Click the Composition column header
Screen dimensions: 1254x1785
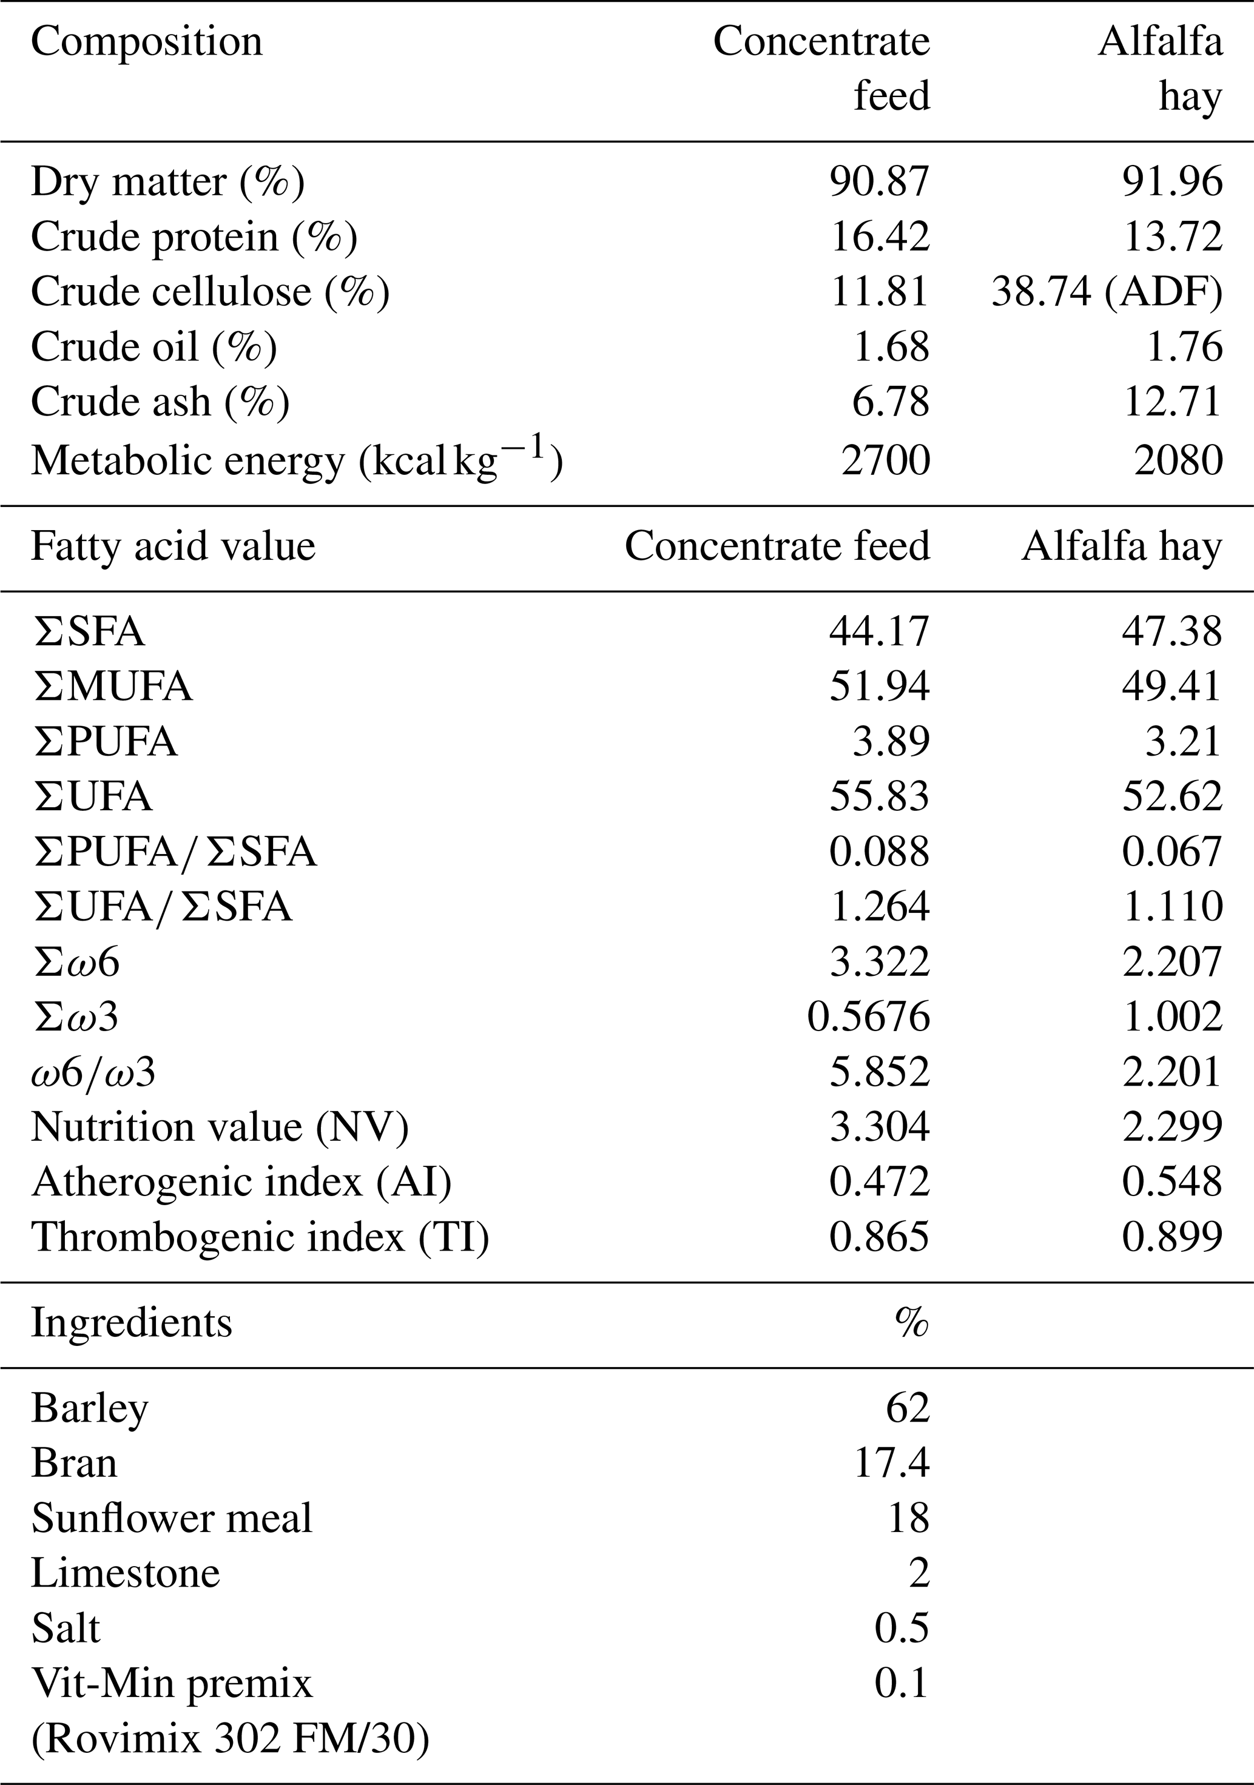pyautogui.click(x=147, y=42)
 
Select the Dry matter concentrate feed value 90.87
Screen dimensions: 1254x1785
pyautogui.click(x=879, y=181)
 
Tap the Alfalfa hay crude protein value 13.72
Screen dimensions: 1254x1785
pyautogui.click(x=1173, y=237)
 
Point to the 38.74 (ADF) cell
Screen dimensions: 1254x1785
pyautogui.click(x=1107, y=292)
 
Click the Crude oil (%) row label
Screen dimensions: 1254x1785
pyautogui.click(x=154, y=348)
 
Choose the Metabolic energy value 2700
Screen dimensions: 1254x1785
pyautogui.click(x=886, y=460)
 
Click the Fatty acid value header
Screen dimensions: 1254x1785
pyautogui.click(x=174, y=546)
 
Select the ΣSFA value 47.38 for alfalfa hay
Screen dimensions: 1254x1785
pyautogui.click(x=1172, y=631)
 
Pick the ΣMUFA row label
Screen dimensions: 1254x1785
pyautogui.click(x=113, y=687)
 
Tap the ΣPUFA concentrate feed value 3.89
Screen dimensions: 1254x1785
pyautogui.click(x=891, y=742)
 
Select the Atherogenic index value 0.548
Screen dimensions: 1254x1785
pyautogui.click(x=1172, y=1182)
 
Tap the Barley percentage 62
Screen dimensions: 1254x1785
pyautogui.click(x=908, y=1408)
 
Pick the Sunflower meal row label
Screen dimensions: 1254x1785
pyautogui.click(x=172, y=1518)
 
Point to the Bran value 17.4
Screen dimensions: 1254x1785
pyautogui.click(x=892, y=1463)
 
